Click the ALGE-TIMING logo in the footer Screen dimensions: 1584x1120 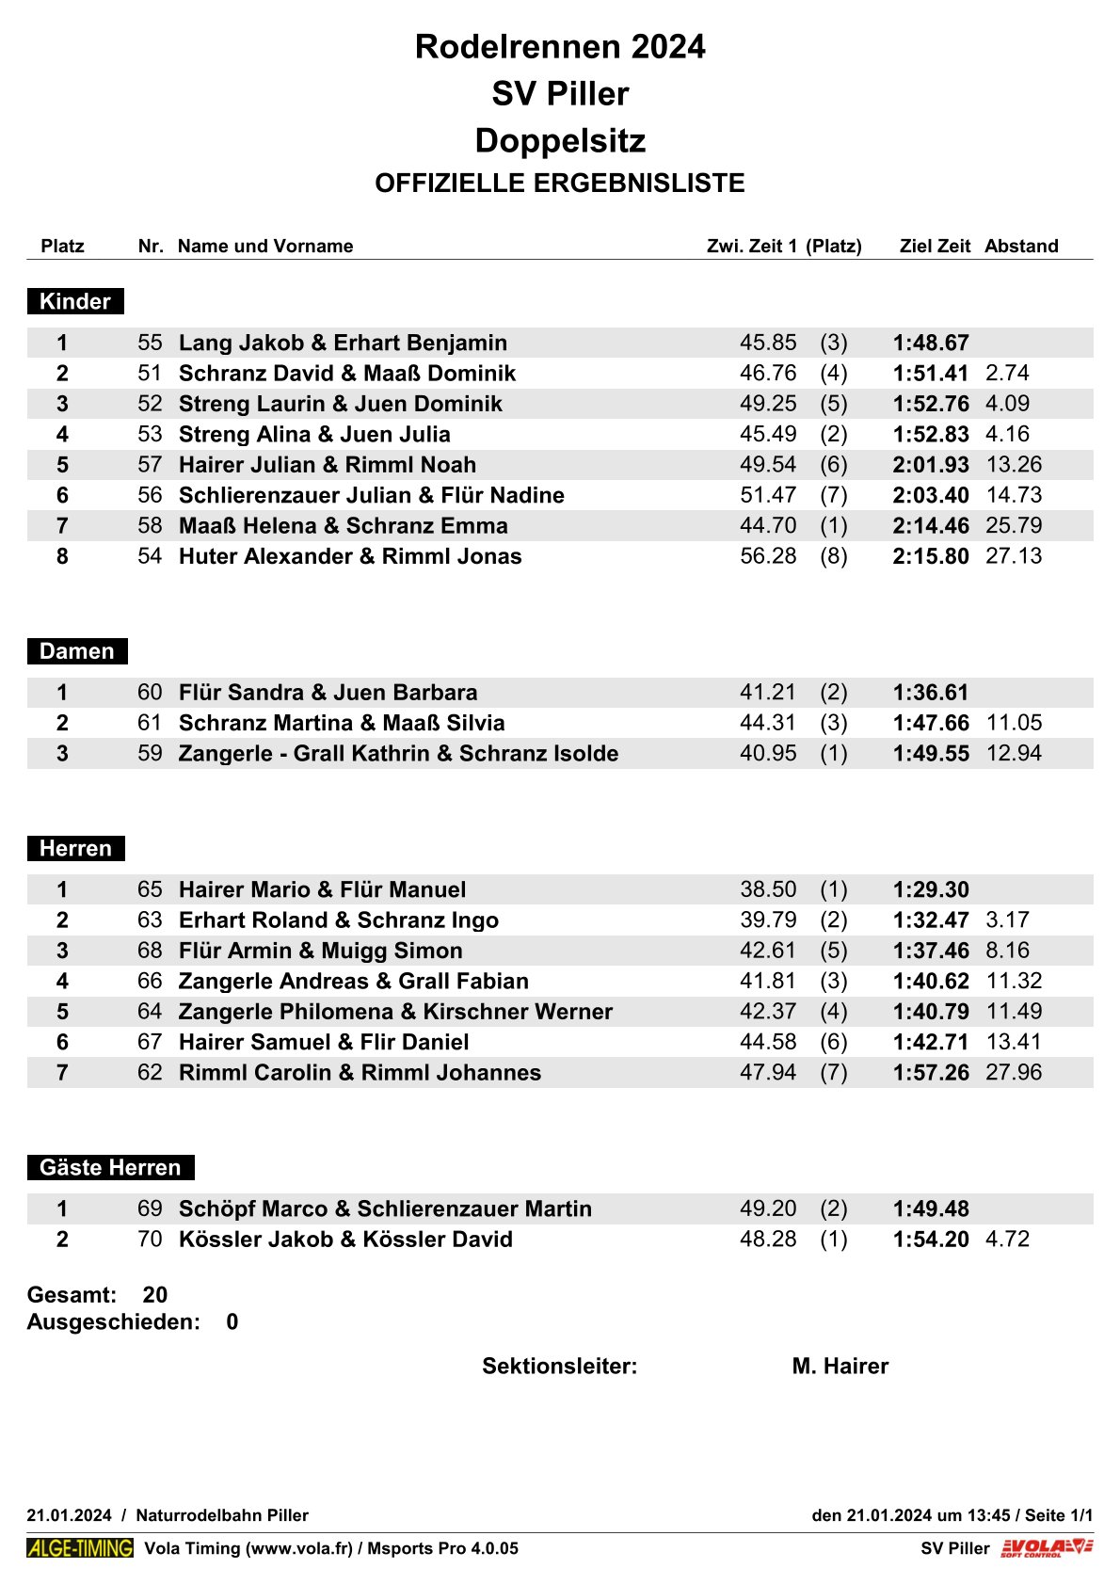(80, 1548)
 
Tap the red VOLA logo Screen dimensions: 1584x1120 (1047, 1548)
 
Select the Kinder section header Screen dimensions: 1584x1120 (75, 301)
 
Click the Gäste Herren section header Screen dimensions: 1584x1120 (110, 1167)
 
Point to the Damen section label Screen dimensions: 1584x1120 (76, 651)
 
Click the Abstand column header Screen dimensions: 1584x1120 (1021, 246)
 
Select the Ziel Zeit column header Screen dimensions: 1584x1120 (935, 246)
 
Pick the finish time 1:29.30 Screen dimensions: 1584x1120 (931, 889)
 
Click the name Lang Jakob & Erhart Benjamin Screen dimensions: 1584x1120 (343, 343)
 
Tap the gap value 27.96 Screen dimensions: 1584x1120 (1014, 1072)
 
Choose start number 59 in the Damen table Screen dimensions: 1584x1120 (150, 753)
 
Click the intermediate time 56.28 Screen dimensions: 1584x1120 (768, 556)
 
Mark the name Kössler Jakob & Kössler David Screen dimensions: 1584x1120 (345, 1239)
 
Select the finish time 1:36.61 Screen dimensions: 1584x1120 (931, 693)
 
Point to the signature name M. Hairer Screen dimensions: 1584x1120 (840, 1366)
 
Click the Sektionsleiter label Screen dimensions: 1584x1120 (559, 1366)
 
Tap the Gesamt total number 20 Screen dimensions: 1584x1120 (155, 1294)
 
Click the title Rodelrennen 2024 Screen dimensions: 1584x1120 (560, 46)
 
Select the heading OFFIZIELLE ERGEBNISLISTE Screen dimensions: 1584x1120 (560, 183)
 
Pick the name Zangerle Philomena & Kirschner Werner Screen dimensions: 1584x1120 (395, 1011)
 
